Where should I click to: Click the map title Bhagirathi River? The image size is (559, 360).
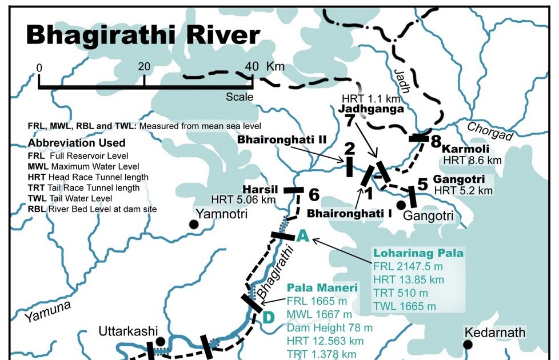(143, 35)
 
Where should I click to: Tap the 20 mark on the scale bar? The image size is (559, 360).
(143, 67)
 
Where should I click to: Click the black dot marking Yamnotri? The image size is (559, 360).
(194, 225)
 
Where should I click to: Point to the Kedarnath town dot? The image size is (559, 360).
(468, 344)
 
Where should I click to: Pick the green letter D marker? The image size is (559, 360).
(267, 317)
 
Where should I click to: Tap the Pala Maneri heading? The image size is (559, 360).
(322, 288)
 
